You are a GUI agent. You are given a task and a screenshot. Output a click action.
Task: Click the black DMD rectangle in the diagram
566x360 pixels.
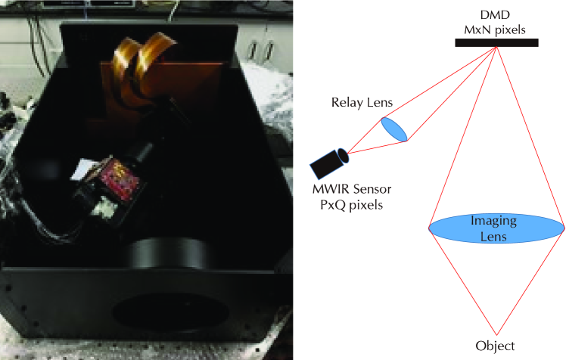[496, 42]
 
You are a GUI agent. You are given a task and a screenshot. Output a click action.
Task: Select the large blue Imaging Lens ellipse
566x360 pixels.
[496, 227]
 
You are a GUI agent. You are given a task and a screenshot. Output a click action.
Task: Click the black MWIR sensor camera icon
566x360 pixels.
[330, 162]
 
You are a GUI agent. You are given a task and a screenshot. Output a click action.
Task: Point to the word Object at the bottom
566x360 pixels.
[496, 346]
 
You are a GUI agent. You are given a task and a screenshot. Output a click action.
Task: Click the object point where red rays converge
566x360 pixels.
[496, 333]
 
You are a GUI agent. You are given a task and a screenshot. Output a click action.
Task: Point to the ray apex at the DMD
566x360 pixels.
[496, 48]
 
